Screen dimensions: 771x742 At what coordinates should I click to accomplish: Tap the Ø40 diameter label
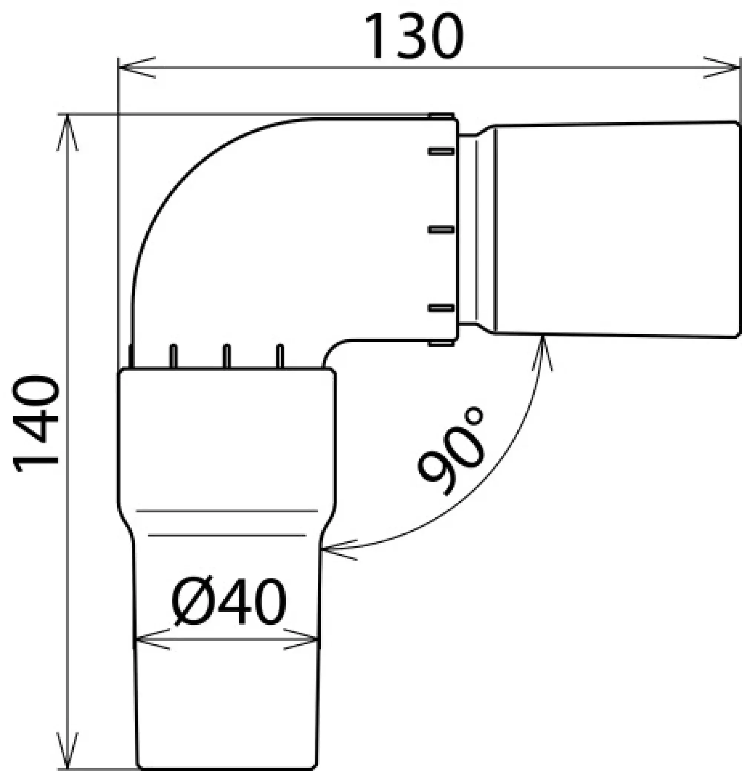(x=229, y=601)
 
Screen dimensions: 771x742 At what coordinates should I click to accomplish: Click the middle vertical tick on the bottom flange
(x=226, y=356)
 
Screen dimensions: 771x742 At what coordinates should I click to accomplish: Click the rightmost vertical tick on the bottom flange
(x=280, y=356)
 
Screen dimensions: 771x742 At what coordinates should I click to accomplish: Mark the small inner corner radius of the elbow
(x=331, y=348)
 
